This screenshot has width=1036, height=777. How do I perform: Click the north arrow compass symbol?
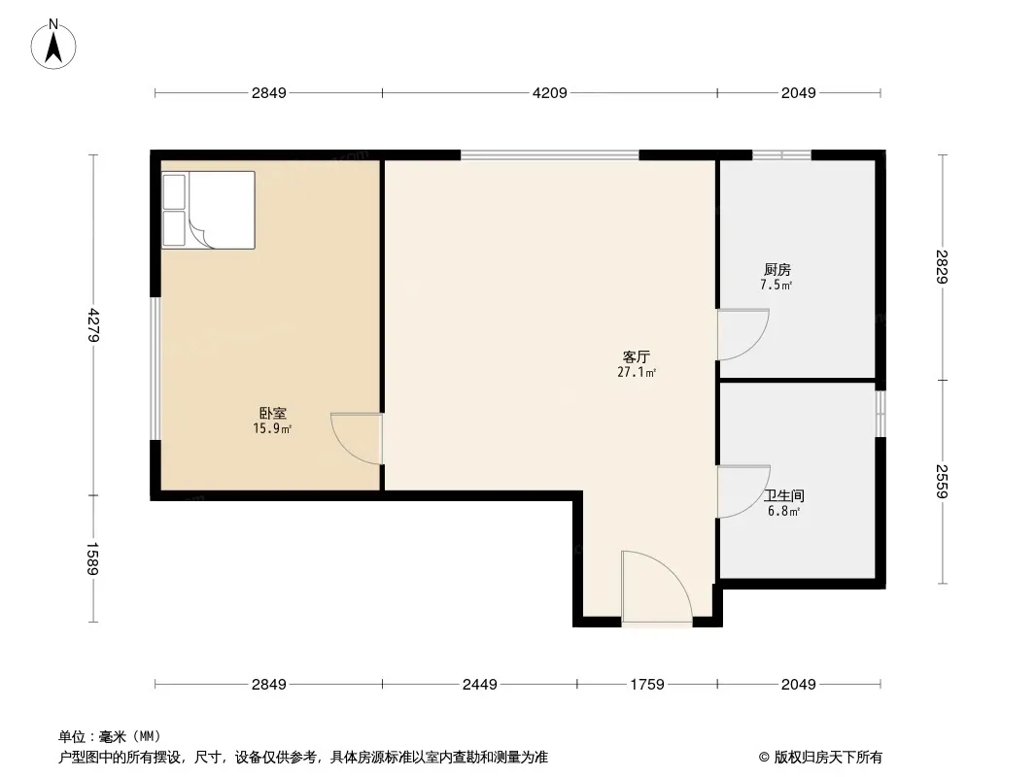coord(53,45)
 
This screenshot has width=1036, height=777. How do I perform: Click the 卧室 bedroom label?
coord(272,414)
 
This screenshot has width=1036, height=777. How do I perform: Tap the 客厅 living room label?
coord(637,357)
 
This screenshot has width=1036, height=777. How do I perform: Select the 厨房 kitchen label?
coord(777,269)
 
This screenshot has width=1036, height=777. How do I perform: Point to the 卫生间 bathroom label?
coord(784,495)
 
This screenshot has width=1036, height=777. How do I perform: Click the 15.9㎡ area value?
coord(272,429)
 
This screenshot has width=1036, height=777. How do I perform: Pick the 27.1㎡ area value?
coord(637,372)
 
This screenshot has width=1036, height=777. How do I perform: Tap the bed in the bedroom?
coord(209,210)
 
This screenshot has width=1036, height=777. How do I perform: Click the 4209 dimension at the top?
coord(550,93)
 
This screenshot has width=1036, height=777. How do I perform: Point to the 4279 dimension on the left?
coord(93,324)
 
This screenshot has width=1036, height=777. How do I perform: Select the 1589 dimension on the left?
coord(93,558)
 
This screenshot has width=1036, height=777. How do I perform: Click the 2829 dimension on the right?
coord(942,267)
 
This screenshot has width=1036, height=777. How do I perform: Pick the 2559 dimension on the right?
coord(942,482)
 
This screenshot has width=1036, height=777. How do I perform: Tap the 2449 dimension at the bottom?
coord(480,685)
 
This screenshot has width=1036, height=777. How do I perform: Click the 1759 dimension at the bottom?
coord(647,685)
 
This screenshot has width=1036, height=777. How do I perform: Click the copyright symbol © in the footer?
coord(764,758)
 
